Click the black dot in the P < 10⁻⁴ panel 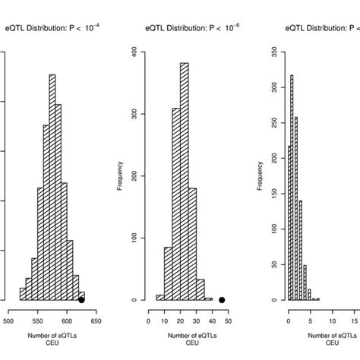(x=81, y=300)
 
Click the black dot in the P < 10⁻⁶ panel (x=222, y=300)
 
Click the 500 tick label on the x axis (x=8, y=321)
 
